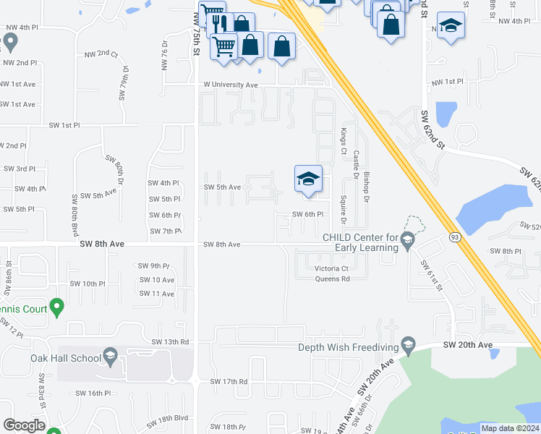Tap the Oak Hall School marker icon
[110, 356]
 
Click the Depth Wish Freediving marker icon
[408, 345]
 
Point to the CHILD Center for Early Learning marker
[407, 238]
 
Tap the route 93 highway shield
[455, 237]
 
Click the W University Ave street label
[230, 85]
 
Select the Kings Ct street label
[344, 141]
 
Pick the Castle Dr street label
[357, 165]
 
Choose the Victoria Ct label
[332, 268]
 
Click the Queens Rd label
[332, 278]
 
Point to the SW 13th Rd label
[170, 341]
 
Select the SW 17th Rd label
[229, 381]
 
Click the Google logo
[24, 425]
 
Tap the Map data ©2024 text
[509, 428]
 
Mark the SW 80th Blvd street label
[74, 210]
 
